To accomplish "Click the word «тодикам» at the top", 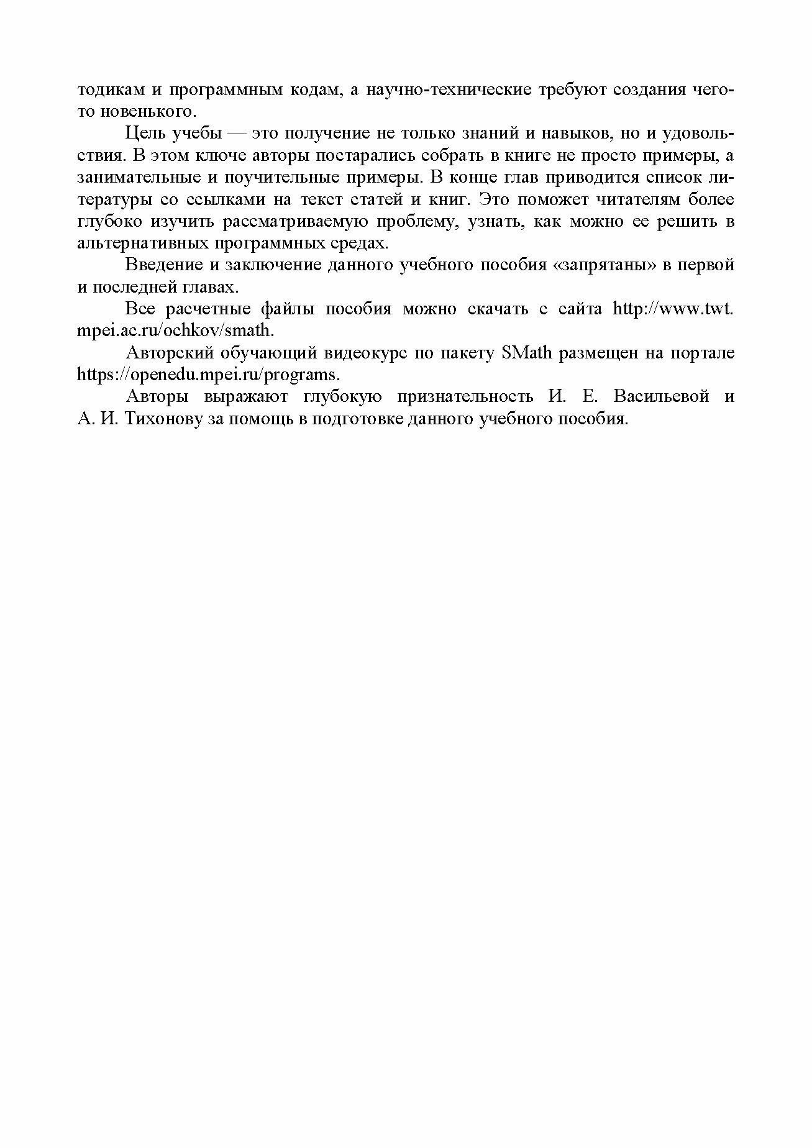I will pos(109,89).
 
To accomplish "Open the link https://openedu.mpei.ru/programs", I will pos(209,375).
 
